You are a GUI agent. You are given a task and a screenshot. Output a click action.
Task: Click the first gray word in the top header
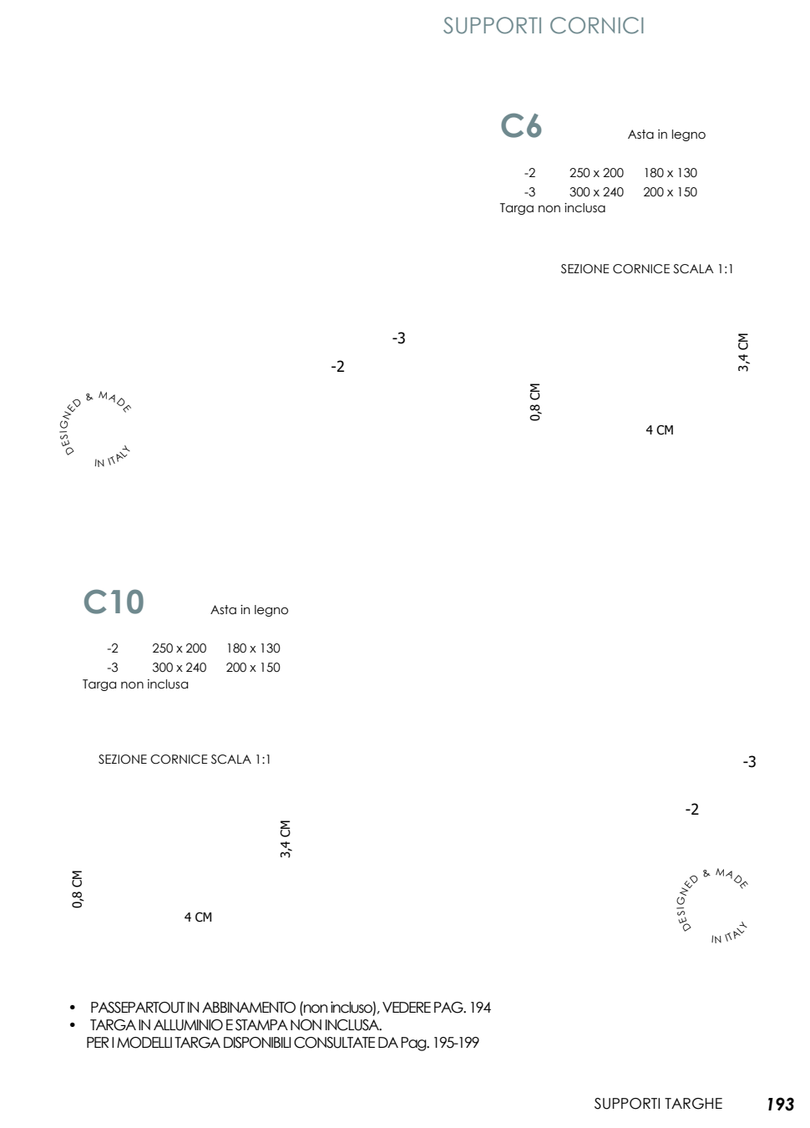click(493, 25)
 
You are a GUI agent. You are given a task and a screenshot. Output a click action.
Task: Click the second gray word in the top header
click(596, 25)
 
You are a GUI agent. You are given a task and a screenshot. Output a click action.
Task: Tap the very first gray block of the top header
click(448, 25)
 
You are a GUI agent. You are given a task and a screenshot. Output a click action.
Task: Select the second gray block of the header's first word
click(461, 25)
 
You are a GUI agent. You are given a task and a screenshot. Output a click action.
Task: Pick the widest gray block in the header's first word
click(499, 25)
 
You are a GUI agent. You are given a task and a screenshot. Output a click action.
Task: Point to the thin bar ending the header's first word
click(540, 25)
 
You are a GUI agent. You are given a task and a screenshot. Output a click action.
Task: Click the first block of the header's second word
click(558, 25)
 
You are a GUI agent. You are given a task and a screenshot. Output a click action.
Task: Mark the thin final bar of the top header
click(642, 25)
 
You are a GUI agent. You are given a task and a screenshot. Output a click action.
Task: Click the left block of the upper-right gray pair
click(512, 125)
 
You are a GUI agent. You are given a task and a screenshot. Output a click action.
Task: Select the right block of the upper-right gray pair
click(534, 125)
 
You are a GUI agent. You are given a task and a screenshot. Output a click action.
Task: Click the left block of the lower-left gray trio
click(95, 602)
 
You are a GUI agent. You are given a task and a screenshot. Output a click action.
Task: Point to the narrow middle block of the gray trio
click(115, 602)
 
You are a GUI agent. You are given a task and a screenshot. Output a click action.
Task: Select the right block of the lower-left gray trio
click(135, 602)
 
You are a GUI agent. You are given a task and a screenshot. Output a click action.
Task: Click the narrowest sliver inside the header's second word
click(619, 25)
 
